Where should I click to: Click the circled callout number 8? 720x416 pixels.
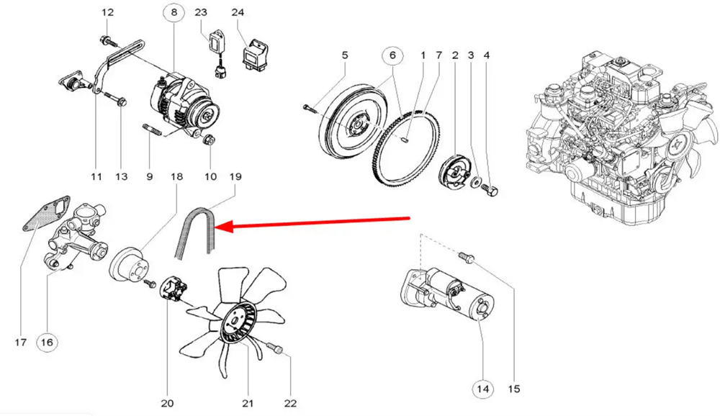[x=173, y=12]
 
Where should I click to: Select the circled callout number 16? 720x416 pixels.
[x=46, y=343]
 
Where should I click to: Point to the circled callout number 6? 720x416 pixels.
[x=392, y=55]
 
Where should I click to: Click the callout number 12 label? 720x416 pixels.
[x=107, y=12]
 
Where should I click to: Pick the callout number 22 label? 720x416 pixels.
[x=290, y=404]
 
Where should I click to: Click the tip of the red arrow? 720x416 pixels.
[x=218, y=227]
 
